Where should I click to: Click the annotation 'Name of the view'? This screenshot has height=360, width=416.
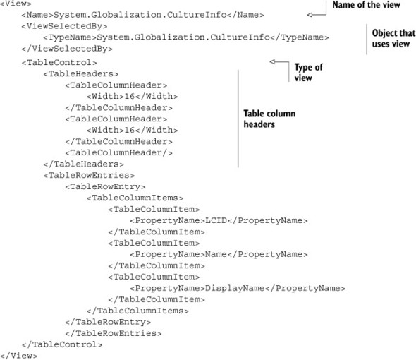click(x=366, y=4)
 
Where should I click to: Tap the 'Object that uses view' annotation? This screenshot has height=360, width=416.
click(x=393, y=38)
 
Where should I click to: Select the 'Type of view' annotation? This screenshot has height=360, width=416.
click(x=309, y=73)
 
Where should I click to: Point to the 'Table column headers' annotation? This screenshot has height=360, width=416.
click(x=269, y=119)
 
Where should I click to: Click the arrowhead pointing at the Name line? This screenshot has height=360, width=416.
click(x=310, y=15)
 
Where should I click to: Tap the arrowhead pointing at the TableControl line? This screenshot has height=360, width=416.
click(x=272, y=62)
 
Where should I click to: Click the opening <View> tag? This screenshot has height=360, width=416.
click(x=16, y=4)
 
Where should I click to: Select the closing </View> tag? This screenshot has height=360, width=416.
click(x=19, y=356)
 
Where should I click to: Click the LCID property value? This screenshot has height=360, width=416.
click(x=216, y=220)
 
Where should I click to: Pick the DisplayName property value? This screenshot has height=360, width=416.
click(x=235, y=288)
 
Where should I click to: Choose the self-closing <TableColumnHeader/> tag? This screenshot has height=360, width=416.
click(x=119, y=152)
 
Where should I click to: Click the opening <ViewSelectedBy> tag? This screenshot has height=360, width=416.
click(x=64, y=26)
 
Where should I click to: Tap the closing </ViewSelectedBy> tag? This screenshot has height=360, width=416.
click(x=67, y=49)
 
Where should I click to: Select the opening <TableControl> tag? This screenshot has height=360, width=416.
click(x=59, y=62)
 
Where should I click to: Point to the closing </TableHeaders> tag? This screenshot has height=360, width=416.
click(x=84, y=164)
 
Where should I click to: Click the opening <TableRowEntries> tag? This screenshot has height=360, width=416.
click(x=89, y=175)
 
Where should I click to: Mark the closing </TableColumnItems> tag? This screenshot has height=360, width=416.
click(x=137, y=311)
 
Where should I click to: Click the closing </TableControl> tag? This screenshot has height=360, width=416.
click(x=62, y=344)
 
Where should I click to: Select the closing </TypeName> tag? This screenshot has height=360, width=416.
click(x=299, y=37)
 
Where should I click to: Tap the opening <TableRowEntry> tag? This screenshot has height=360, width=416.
click(x=105, y=187)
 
